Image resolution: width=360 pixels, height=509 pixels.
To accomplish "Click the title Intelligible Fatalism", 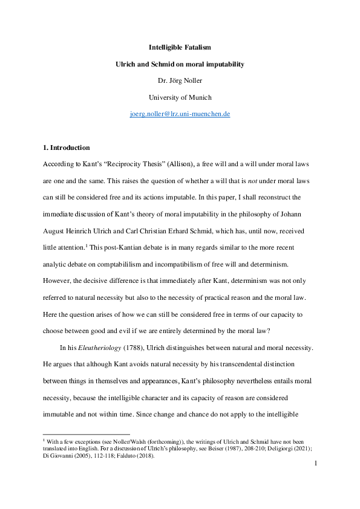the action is click(180, 47).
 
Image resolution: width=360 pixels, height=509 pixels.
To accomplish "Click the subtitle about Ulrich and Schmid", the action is click(180, 63).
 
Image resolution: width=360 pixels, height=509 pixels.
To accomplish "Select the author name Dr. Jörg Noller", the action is click(180, 80).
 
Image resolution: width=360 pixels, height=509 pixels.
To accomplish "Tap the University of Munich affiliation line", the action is click(180, 97).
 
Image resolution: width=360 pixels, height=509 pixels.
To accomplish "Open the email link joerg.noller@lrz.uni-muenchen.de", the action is click(180, 114).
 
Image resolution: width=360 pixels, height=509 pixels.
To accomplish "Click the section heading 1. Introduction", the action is click(67, 148).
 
